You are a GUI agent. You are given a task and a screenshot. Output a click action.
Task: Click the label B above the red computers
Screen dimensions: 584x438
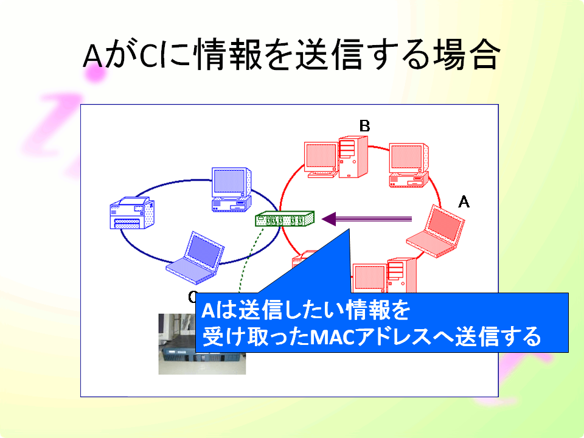tap(364, 126)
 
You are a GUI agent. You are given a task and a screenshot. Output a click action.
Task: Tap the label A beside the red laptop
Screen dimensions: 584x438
tap(464, 202)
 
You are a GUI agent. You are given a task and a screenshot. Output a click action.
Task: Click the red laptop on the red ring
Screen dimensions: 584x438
tap(436, 231)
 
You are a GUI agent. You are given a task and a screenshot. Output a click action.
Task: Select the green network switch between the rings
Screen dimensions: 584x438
tap(285, 218)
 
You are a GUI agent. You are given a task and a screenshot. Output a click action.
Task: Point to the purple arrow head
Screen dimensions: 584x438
tap(329, 219)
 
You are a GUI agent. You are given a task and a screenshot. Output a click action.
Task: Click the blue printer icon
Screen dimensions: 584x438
tap(132, 213)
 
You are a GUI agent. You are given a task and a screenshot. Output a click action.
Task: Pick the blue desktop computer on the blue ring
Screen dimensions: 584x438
tap(231, 190)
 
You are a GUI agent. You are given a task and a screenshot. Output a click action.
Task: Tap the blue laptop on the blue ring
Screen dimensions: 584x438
tap(195, 258)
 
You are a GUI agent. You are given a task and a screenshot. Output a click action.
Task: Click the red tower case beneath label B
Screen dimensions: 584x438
tap(353, 157)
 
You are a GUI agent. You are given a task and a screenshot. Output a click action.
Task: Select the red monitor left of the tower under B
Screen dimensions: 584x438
tap(321, 159)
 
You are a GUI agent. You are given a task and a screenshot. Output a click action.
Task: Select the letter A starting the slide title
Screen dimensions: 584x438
tap(92, 56)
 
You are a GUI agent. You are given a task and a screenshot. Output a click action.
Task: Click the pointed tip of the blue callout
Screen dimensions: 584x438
tap(349, 229)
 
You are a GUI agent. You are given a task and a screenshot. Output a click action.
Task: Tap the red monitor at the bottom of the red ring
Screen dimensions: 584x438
tap(369, 278)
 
